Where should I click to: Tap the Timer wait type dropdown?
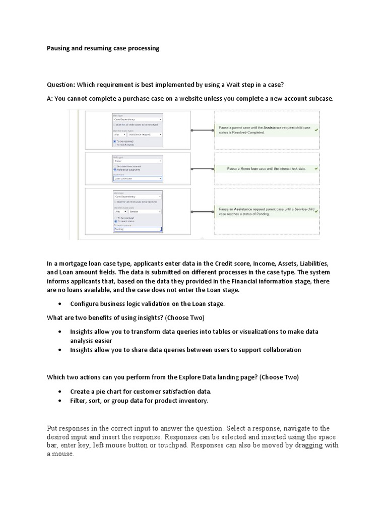click(x=137, y=161)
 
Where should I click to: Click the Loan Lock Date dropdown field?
click(x=137, y=178)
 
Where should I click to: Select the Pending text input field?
click(x=137, y=229)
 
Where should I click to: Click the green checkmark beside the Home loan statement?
click(x=316, y=168)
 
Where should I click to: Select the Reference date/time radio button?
click(x=115, y=170)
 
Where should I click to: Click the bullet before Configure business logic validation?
click(x=60, y=304)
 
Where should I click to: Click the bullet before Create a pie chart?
click(x=60, y=392)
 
